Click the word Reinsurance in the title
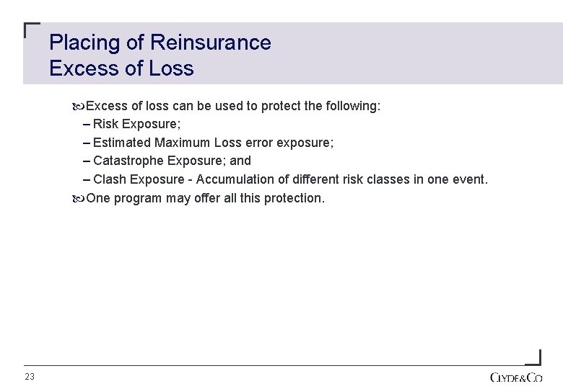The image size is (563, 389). [x=210, y=43]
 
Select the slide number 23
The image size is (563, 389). [x=30, y=377]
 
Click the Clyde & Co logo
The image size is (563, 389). [x=515, y=377]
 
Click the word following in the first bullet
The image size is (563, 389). [x=353, y=107]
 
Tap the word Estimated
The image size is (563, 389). [x=122, y=143]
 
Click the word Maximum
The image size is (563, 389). [x=183, y=143]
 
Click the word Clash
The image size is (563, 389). [x=109, y=179]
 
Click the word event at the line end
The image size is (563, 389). [x=470, y=179]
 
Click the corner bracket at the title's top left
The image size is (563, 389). [x=31, y=30]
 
